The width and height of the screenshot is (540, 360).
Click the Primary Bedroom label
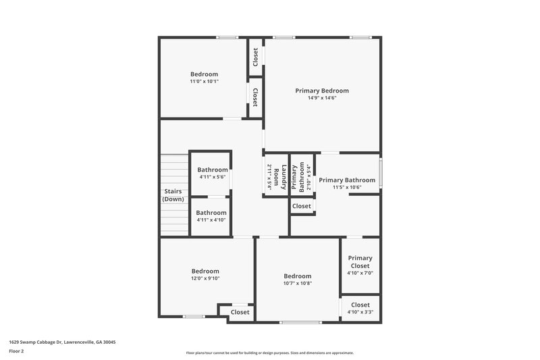click(321, 91)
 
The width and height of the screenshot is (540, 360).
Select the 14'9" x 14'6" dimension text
click(321, 98)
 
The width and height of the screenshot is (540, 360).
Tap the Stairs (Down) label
click(173, 195)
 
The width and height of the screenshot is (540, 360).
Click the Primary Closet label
click(360, 261)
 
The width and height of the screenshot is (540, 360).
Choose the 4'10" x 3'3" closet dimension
click(360, 312)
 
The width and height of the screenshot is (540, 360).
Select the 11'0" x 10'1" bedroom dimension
click(204, 81)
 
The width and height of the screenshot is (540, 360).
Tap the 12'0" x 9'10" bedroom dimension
click(205, 278)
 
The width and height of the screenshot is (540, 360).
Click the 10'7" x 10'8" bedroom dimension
click(297, 283)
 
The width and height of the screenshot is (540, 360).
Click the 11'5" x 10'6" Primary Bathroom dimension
click(347, 188)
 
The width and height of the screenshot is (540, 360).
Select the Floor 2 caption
click(16, 351)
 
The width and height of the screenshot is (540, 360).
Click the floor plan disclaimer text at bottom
click(269, 353)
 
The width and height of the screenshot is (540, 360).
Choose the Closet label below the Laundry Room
click(302, 206)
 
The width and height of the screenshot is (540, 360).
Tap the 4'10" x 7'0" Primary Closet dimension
click(360, 273)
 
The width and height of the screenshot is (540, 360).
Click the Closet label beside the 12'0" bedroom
click(240, 312)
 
